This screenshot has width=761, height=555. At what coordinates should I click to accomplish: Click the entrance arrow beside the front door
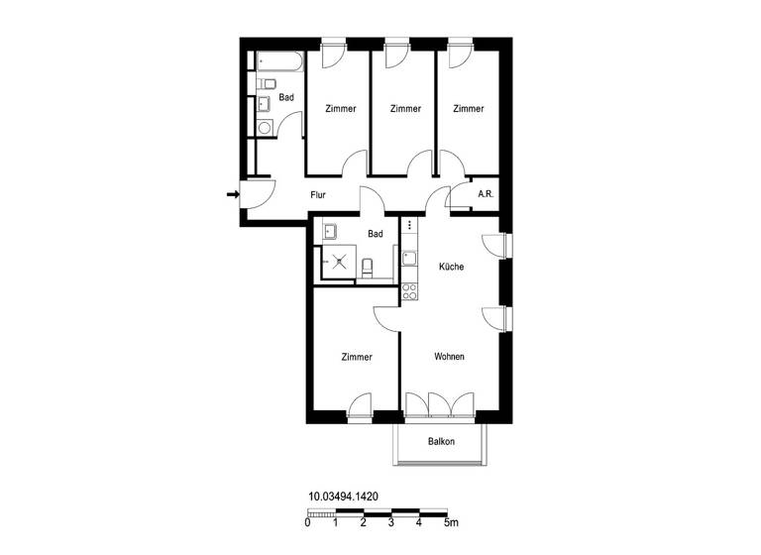pos(233,194)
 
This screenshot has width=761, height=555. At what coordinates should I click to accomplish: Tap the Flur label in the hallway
pos(318,195)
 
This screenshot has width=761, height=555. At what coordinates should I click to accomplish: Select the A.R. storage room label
pos(486,195)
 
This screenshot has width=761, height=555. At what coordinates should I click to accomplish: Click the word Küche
pos(451,267)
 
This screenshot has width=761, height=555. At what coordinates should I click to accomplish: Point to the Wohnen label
pos(449,357)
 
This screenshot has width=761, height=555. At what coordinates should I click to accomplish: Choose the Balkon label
pos(441,442)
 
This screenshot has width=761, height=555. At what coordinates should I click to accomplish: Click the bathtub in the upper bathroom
pos(279,63)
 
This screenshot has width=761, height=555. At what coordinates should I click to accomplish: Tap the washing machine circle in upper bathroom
pos(265,127)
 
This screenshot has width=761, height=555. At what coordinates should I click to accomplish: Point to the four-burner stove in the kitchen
pos(409,291)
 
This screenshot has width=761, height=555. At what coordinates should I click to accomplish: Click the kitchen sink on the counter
pos(409,258)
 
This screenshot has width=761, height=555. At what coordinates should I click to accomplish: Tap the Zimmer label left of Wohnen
pos(356,357)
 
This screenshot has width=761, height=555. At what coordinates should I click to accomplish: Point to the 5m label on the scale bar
pos(451,522)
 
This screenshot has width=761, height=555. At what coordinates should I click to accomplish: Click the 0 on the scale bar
pos(308,522)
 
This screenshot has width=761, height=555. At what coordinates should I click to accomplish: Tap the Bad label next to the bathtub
pos(286,97)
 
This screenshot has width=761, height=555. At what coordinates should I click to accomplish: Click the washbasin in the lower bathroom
pos(330,233)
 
